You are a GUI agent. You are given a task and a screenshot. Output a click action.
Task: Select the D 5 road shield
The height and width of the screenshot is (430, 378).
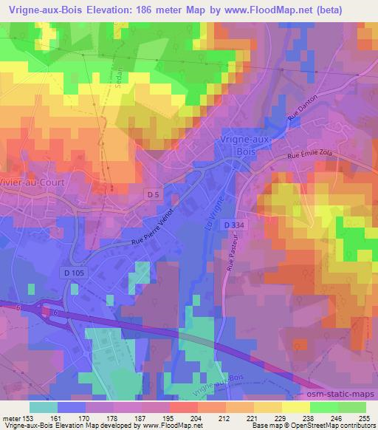[152, 193]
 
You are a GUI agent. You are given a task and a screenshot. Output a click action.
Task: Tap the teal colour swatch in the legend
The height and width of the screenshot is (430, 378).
[44, 407]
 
